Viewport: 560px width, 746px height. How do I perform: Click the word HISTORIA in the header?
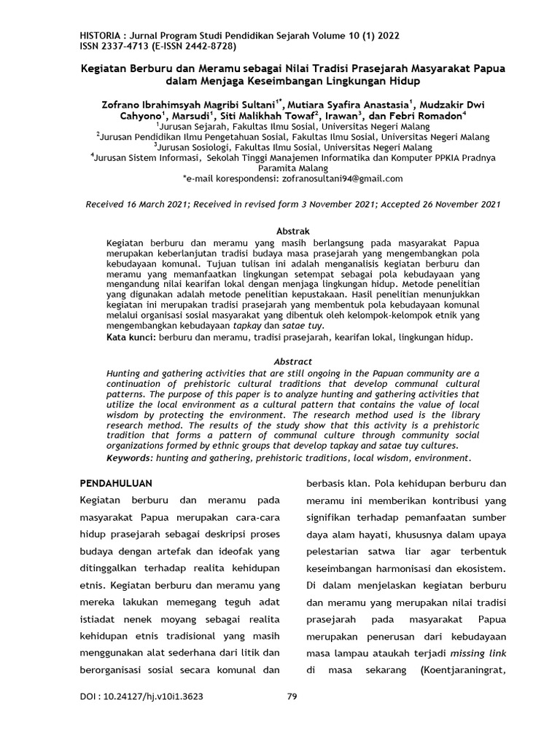tap(100, 35)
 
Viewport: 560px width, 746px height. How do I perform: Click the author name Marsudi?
tap(187, 115)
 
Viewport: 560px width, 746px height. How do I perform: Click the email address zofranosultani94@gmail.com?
tap(341, 178)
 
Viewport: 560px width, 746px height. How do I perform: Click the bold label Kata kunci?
tap(131, 338)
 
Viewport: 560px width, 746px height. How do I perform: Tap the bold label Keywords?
tap(130, 458)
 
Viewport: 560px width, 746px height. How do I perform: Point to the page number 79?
tap(292, 696)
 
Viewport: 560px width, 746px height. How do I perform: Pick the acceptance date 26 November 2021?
tap(458, 205)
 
